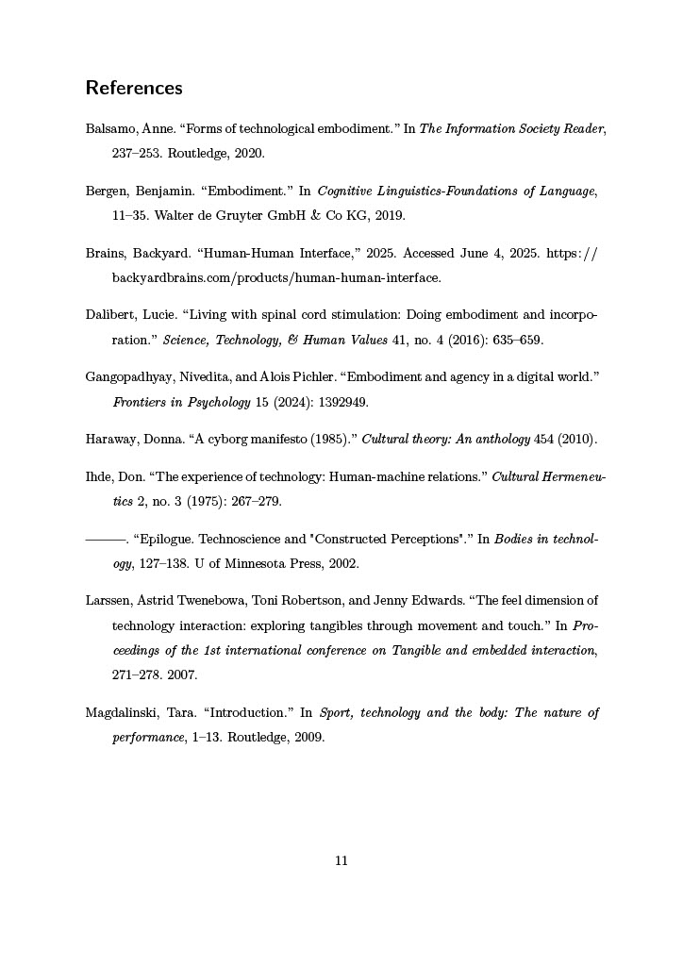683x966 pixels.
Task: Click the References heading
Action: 133,89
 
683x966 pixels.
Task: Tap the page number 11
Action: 341,860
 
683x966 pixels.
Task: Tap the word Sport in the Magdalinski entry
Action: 337,713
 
